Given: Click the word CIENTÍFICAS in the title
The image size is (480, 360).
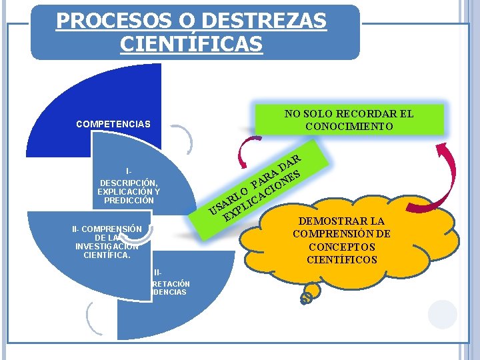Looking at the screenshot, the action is tap(191, 44).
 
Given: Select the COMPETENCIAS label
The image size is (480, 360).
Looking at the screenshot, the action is tap(113, 124).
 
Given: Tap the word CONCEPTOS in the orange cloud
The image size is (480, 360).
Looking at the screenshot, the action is tap(342, 247).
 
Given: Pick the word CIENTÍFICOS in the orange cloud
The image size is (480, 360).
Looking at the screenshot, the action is tap(342, 259).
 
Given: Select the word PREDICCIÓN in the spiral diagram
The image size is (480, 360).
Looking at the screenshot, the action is tap(129, 201).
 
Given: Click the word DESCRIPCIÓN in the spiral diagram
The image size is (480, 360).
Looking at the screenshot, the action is tap(128, 183).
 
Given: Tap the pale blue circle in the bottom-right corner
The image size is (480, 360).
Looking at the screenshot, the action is tap(443, 315).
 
